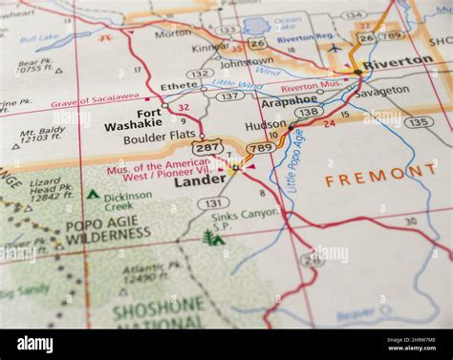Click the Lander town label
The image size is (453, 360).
pos(200,180)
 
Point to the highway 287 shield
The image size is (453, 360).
pos(206,148)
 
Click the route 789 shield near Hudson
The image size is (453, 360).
pos(260,148)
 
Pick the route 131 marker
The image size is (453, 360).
pos(213,203)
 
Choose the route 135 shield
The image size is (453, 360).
pos(419,122)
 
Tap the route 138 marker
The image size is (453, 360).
pos(309,112)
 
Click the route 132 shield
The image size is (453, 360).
pos(200,74)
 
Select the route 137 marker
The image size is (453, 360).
pos(229,95)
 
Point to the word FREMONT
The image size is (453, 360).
pos(379,176)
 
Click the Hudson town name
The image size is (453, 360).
pos(266,125)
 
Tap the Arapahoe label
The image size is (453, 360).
pos(289,99)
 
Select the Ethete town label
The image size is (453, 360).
pos(179,85)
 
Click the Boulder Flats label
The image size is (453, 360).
pos(159,138)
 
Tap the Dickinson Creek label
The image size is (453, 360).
pos(127,201)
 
